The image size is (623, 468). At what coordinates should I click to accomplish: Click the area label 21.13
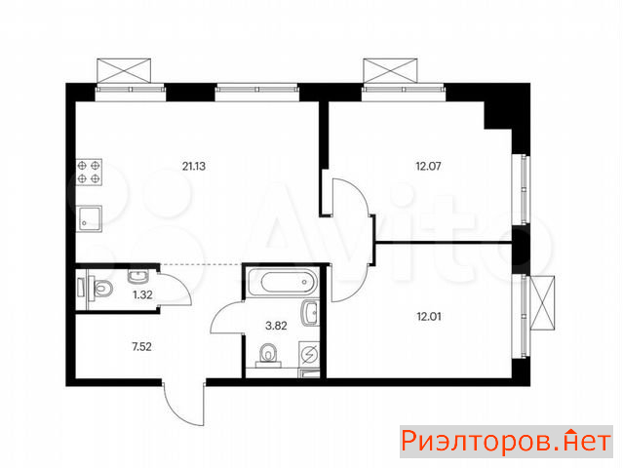[194, 166]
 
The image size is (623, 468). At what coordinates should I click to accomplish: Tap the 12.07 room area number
[428, 166]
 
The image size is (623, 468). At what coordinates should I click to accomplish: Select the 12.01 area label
[429, 317]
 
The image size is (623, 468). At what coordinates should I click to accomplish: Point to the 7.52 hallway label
[141, 347]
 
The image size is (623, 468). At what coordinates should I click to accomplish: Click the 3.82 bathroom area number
[276, 327]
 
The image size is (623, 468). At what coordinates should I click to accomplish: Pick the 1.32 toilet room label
[142, 294]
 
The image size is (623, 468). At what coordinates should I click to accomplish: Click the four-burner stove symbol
[89, 172]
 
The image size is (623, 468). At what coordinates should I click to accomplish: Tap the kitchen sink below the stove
[89, 218]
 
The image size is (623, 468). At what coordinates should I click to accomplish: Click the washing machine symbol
[309, 355]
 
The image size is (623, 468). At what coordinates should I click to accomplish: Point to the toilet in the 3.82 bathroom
[268, 354]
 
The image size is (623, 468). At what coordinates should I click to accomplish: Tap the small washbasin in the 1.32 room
[137, 276]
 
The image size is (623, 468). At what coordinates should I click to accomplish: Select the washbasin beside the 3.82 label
[311, 313]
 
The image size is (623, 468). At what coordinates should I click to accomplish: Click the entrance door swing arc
[174, 413]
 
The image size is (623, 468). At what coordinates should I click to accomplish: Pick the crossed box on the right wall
[542, 302]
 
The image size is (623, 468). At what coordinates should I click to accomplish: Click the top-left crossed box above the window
[124, 71]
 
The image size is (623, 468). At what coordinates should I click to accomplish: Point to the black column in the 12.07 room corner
[497, 114]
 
